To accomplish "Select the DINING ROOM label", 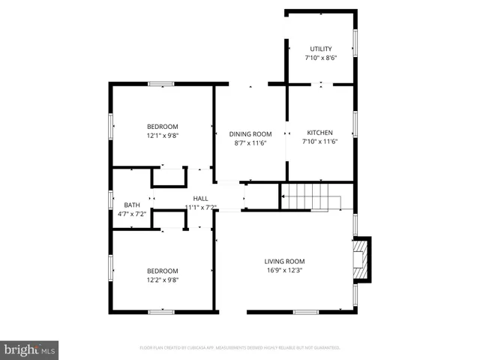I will pos(250,134).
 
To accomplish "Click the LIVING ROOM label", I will pos(284,262).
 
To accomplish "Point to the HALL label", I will pos(200,199).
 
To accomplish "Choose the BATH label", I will pos(132,205).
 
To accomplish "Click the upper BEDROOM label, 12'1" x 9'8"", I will pos(162,127).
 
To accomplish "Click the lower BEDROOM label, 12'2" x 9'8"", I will pos(162,271).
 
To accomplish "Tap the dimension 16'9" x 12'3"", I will pos(284,271).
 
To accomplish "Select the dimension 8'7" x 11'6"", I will pos(250,142).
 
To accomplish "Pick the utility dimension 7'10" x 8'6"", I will pos(320,58).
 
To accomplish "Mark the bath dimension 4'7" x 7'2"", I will pos(132,214).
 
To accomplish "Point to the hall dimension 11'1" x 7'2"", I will pos(200,207).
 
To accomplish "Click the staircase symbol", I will pos(310,200).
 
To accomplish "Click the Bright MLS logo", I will pos(29,349).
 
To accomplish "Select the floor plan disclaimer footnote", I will pos(240,348).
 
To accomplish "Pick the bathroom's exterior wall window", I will pos(111,200).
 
